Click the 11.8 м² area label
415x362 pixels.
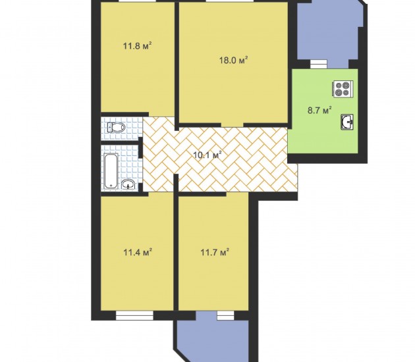[137, 46]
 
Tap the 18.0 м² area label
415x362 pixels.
[233, 61]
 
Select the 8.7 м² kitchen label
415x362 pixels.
[319, 110]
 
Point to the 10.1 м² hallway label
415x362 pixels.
[207, 155]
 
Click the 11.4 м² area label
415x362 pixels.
[138, 252]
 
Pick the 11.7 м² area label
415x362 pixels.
[214, 253]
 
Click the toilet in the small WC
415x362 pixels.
[116, 128]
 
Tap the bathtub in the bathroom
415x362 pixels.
[111, 171]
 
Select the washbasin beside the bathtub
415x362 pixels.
[128, 184]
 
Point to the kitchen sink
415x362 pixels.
[347, 122]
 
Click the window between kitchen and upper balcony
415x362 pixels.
[319, 65]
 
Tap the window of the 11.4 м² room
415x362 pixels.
[135, 315]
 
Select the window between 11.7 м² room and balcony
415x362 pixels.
[226, 315]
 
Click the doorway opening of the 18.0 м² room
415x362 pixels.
[233, 125]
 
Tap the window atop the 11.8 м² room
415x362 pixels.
[138, 1]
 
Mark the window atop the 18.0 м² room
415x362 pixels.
[230, 1]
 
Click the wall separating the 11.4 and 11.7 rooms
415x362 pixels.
[176, 242]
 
